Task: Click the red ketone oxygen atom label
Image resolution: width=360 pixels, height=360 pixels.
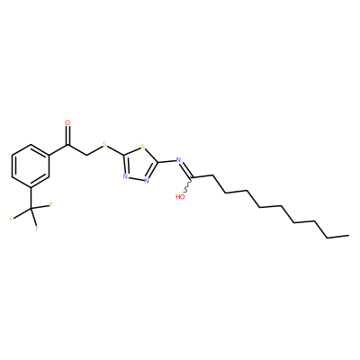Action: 67,122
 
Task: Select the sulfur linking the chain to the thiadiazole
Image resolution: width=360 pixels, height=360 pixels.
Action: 104,144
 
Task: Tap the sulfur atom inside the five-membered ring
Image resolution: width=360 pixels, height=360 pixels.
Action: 143,147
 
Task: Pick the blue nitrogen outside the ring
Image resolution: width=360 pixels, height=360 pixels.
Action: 179,160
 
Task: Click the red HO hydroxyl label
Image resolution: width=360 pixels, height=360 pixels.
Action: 180,197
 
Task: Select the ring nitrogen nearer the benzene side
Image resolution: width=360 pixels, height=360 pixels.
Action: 125,176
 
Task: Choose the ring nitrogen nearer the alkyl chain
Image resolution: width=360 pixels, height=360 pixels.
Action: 147,181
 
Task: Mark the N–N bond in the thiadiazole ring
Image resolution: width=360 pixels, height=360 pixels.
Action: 136,178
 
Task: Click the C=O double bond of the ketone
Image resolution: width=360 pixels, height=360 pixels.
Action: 68,136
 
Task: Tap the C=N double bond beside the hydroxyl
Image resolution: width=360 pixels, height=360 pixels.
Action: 186,169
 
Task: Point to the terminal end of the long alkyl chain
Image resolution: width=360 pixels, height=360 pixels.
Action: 349,236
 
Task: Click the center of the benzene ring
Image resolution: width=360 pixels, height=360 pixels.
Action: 31,166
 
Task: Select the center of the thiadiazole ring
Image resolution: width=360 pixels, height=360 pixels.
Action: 140,164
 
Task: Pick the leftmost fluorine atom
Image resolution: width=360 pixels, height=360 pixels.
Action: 11,219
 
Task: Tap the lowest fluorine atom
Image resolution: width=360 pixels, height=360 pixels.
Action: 37,229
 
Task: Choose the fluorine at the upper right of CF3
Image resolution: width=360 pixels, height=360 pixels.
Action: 51,205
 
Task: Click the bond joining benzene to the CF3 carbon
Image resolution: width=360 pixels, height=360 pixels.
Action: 31,198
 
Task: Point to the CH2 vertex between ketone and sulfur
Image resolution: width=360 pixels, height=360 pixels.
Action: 86,156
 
